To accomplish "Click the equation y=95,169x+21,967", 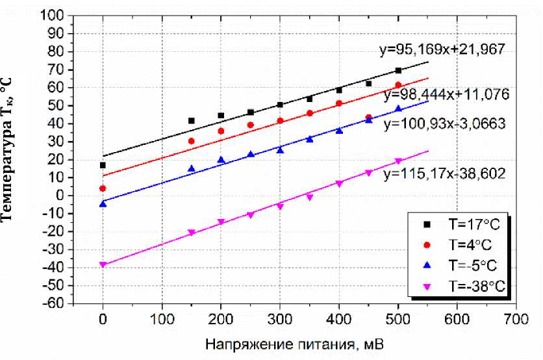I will click(x=442, y=49).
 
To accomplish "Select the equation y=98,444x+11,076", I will click(x=446, y=94).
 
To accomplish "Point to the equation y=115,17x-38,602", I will click(x=444, y=174).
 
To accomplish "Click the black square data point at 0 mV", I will click(x=103, y=165).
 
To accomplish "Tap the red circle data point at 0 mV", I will click(x=103, y=188).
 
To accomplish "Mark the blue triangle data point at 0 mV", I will click(x=103, y=204).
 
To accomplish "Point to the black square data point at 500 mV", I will click(x=398, y=70).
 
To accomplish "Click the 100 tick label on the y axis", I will click(x=57, y=15).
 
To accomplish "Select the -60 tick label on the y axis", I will click(x=57, y=303).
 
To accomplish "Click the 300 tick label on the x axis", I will click(x=280, y=319).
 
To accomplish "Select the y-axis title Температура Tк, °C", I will click(x=11, y=149).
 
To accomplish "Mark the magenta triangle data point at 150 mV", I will click(x=192, y=233).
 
